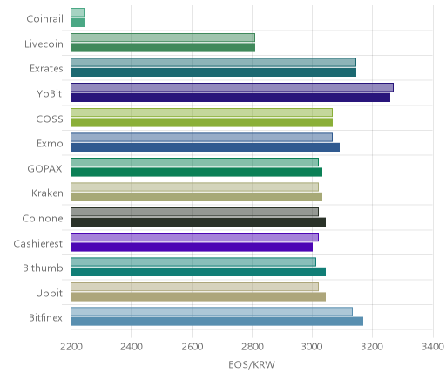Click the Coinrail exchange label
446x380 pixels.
44,19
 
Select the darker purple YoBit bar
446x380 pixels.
230,98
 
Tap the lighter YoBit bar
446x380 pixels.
232,87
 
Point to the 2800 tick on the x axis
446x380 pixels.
253,347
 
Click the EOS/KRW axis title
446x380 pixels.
252,364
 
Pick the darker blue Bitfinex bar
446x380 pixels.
217,322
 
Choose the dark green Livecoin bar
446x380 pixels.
163,48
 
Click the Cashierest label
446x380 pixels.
38,243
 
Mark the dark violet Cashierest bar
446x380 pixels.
192,248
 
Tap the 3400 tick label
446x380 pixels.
433,347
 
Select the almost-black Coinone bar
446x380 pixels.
198,222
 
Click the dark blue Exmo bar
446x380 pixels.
205,147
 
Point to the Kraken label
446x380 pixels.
47,193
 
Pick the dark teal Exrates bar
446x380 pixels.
213,72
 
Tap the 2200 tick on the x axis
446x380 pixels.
71,347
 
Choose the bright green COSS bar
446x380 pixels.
201,123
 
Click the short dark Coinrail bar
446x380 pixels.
78,23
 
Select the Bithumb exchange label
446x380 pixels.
43,268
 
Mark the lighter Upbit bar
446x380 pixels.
194,287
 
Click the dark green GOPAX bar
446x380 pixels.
196,173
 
